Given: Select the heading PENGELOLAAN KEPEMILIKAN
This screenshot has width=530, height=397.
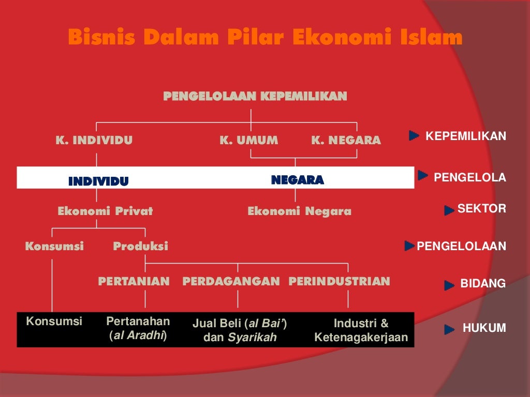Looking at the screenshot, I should [255, 96].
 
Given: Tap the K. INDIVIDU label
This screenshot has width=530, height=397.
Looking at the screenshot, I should [94, 140].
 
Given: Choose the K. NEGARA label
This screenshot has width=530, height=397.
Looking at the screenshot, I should [346, 140].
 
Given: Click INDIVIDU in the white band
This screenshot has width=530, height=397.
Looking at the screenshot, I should [98, 181].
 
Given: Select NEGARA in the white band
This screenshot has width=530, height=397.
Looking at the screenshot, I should [298, 180].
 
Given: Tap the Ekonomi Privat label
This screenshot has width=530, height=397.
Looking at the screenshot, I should [105, 211].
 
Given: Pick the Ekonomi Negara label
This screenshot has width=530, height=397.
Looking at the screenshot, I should [299, 211].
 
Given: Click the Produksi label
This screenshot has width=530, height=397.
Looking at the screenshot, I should [140, 247].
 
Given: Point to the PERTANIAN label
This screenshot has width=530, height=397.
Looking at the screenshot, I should [134, 282].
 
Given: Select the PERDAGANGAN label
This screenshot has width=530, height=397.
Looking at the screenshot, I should [231, 282].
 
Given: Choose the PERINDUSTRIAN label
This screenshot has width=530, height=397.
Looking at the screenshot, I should [339, 282].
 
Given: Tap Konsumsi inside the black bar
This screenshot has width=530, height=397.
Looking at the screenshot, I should [54, 321].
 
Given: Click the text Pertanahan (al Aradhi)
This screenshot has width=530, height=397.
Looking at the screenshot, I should [138, 329].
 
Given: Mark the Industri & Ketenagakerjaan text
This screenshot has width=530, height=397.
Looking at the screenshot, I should [361, 331].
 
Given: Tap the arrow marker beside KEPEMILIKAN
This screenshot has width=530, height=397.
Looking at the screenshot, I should [414, 136].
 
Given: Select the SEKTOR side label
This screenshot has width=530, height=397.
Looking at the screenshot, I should [481, 209].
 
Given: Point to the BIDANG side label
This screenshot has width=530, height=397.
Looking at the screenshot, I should [482, 284].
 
